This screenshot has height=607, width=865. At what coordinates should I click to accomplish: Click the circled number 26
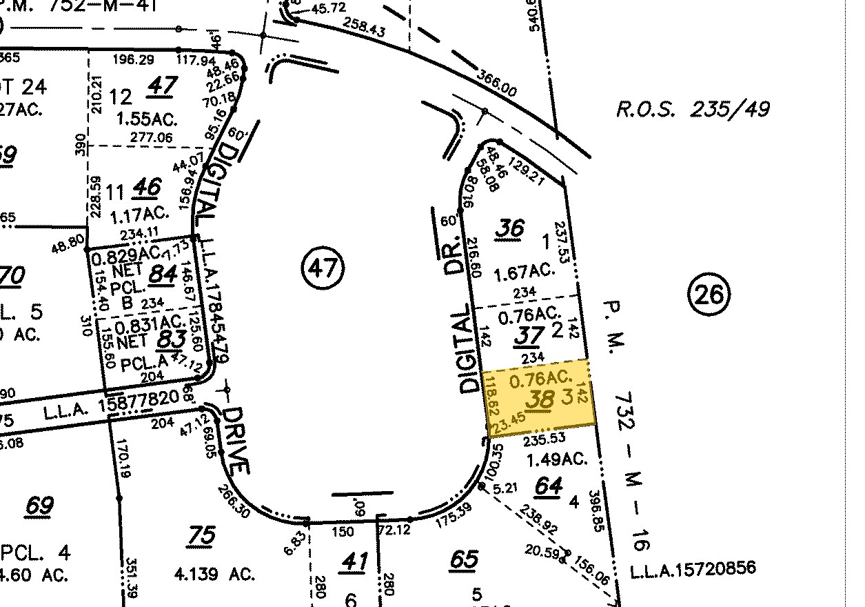click(x=709, y=295)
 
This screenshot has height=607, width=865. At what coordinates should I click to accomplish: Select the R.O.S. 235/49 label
click(x=692, y=109)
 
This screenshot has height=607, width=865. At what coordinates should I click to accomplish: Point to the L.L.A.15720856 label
click(x=693, y=569)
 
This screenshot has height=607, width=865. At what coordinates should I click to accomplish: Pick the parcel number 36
click(x=509, y=229)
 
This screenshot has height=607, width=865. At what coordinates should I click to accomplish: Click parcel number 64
click(x=549, y=486)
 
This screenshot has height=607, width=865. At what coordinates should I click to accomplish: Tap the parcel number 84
click(x=163, y=274)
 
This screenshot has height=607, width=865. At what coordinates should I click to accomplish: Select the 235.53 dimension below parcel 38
click(x=545, y=438)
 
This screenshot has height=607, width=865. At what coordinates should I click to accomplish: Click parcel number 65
click(x=463, y=559)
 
